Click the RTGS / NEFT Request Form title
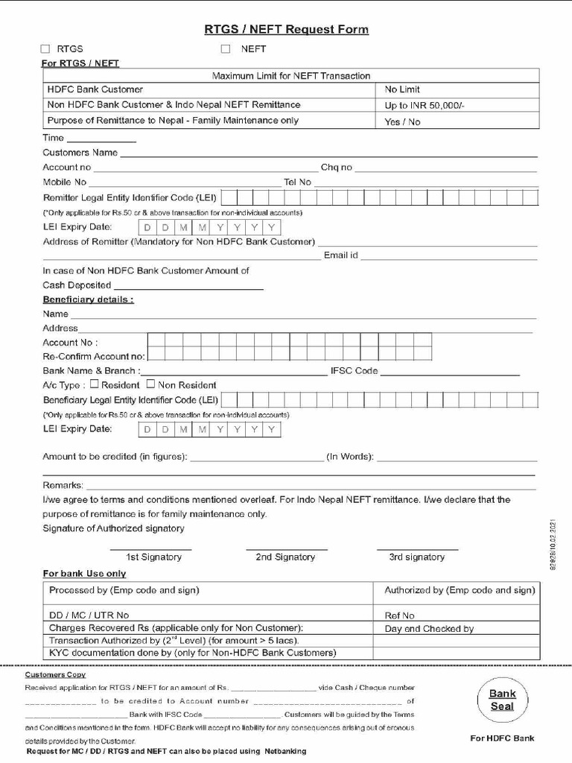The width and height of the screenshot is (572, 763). pos(286,30)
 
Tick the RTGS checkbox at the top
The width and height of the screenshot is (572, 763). pos(45,49)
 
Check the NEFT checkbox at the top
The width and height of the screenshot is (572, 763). pos(226,49)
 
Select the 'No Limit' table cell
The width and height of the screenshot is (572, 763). pos(402,89)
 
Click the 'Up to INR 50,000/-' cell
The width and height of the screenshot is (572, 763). pos(425,106)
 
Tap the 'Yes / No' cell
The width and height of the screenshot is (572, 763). pos(402,121)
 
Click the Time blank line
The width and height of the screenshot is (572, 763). pos(101,139)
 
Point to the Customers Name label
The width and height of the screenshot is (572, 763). pos(80,153)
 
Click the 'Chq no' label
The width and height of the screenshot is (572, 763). pos(337,168)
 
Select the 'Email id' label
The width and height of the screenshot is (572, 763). pos(340,256)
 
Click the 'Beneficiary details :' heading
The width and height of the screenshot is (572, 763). pos(88,300)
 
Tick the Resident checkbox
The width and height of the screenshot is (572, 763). pos(95,384)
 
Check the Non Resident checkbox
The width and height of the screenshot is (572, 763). pos(150,384)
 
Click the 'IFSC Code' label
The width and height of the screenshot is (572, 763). pos(354,371)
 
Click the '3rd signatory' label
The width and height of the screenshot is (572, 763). pos(416,557)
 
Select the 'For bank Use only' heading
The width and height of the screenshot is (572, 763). pos(84,574)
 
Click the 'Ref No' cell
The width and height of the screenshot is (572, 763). pos(399,615)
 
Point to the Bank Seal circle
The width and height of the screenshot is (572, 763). pos(502,700)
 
